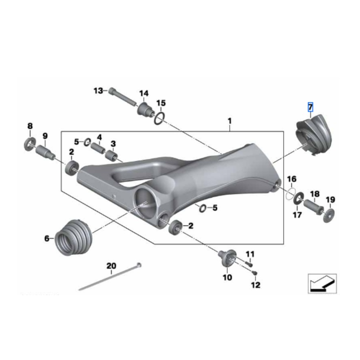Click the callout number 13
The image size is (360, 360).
click(98, 91)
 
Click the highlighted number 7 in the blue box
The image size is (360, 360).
click(310, 108)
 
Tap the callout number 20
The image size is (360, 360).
click(111, 265)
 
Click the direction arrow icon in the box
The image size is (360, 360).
click(322, 283)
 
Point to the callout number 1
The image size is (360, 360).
click(229, 121)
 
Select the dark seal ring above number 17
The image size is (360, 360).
click(298, 198)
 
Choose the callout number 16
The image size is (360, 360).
click(292, 179)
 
